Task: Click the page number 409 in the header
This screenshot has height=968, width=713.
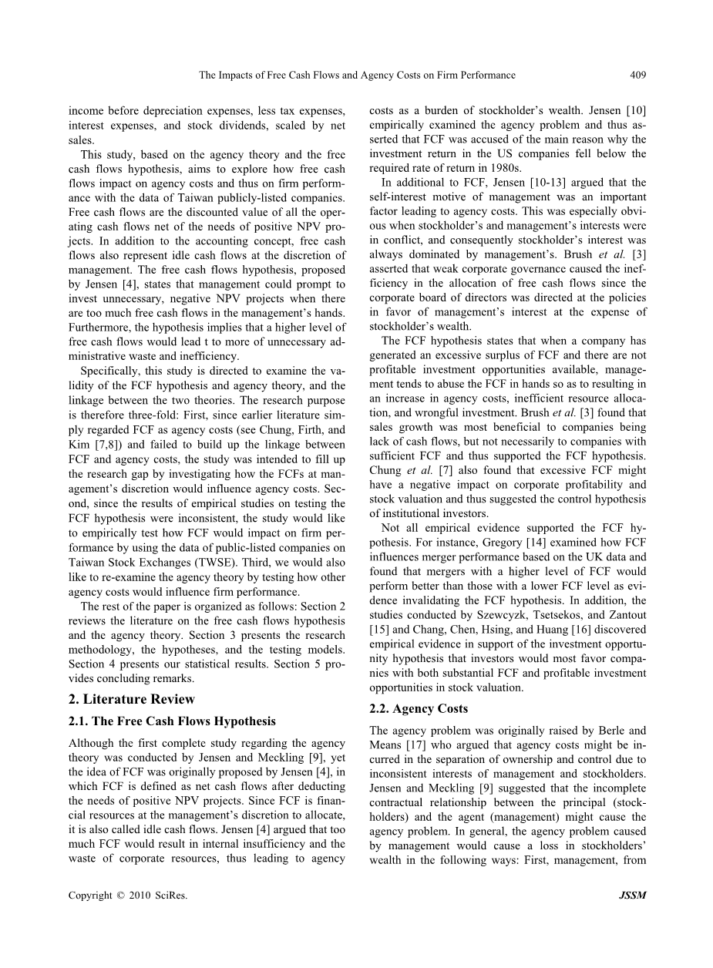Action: pos(637,75)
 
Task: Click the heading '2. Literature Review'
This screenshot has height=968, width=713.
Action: pos(131,699)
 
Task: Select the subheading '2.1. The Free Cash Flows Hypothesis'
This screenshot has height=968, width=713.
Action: pos(172,721)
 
